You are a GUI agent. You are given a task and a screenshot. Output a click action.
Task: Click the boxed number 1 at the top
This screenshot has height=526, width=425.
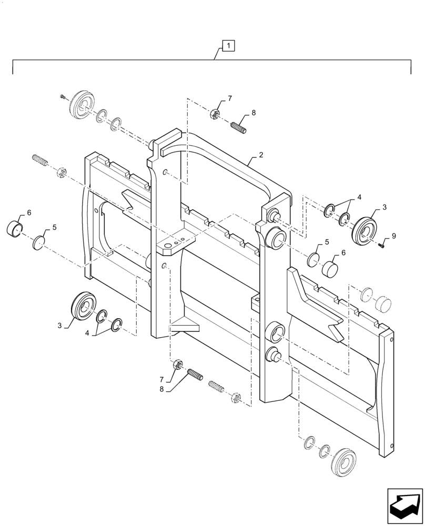click(229, 46)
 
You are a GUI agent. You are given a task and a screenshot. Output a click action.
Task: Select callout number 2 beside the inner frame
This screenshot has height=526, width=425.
click(260, 156)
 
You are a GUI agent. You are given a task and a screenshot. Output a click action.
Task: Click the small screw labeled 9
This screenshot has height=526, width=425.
click(382, 244)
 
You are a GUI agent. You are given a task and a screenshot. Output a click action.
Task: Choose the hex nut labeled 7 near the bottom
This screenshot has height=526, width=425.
click(178, 364)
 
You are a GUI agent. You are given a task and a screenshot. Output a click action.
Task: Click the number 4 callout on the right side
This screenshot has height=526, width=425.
click(359, 197)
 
